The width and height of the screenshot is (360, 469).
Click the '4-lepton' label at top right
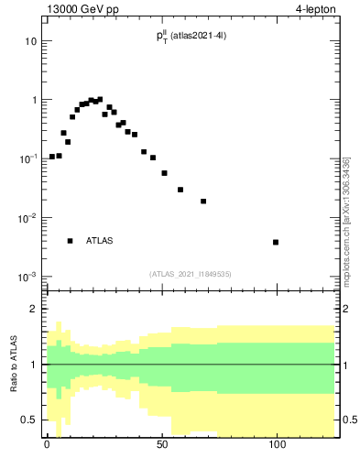coord(318,10)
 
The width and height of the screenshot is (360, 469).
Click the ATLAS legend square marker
coord(70,241)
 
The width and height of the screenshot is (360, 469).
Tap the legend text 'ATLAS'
coord(100,241)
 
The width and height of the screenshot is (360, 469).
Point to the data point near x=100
coord(276,242)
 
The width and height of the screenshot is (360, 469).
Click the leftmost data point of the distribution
coord(52,157)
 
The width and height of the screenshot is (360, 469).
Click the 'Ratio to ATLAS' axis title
coord(15,365)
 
